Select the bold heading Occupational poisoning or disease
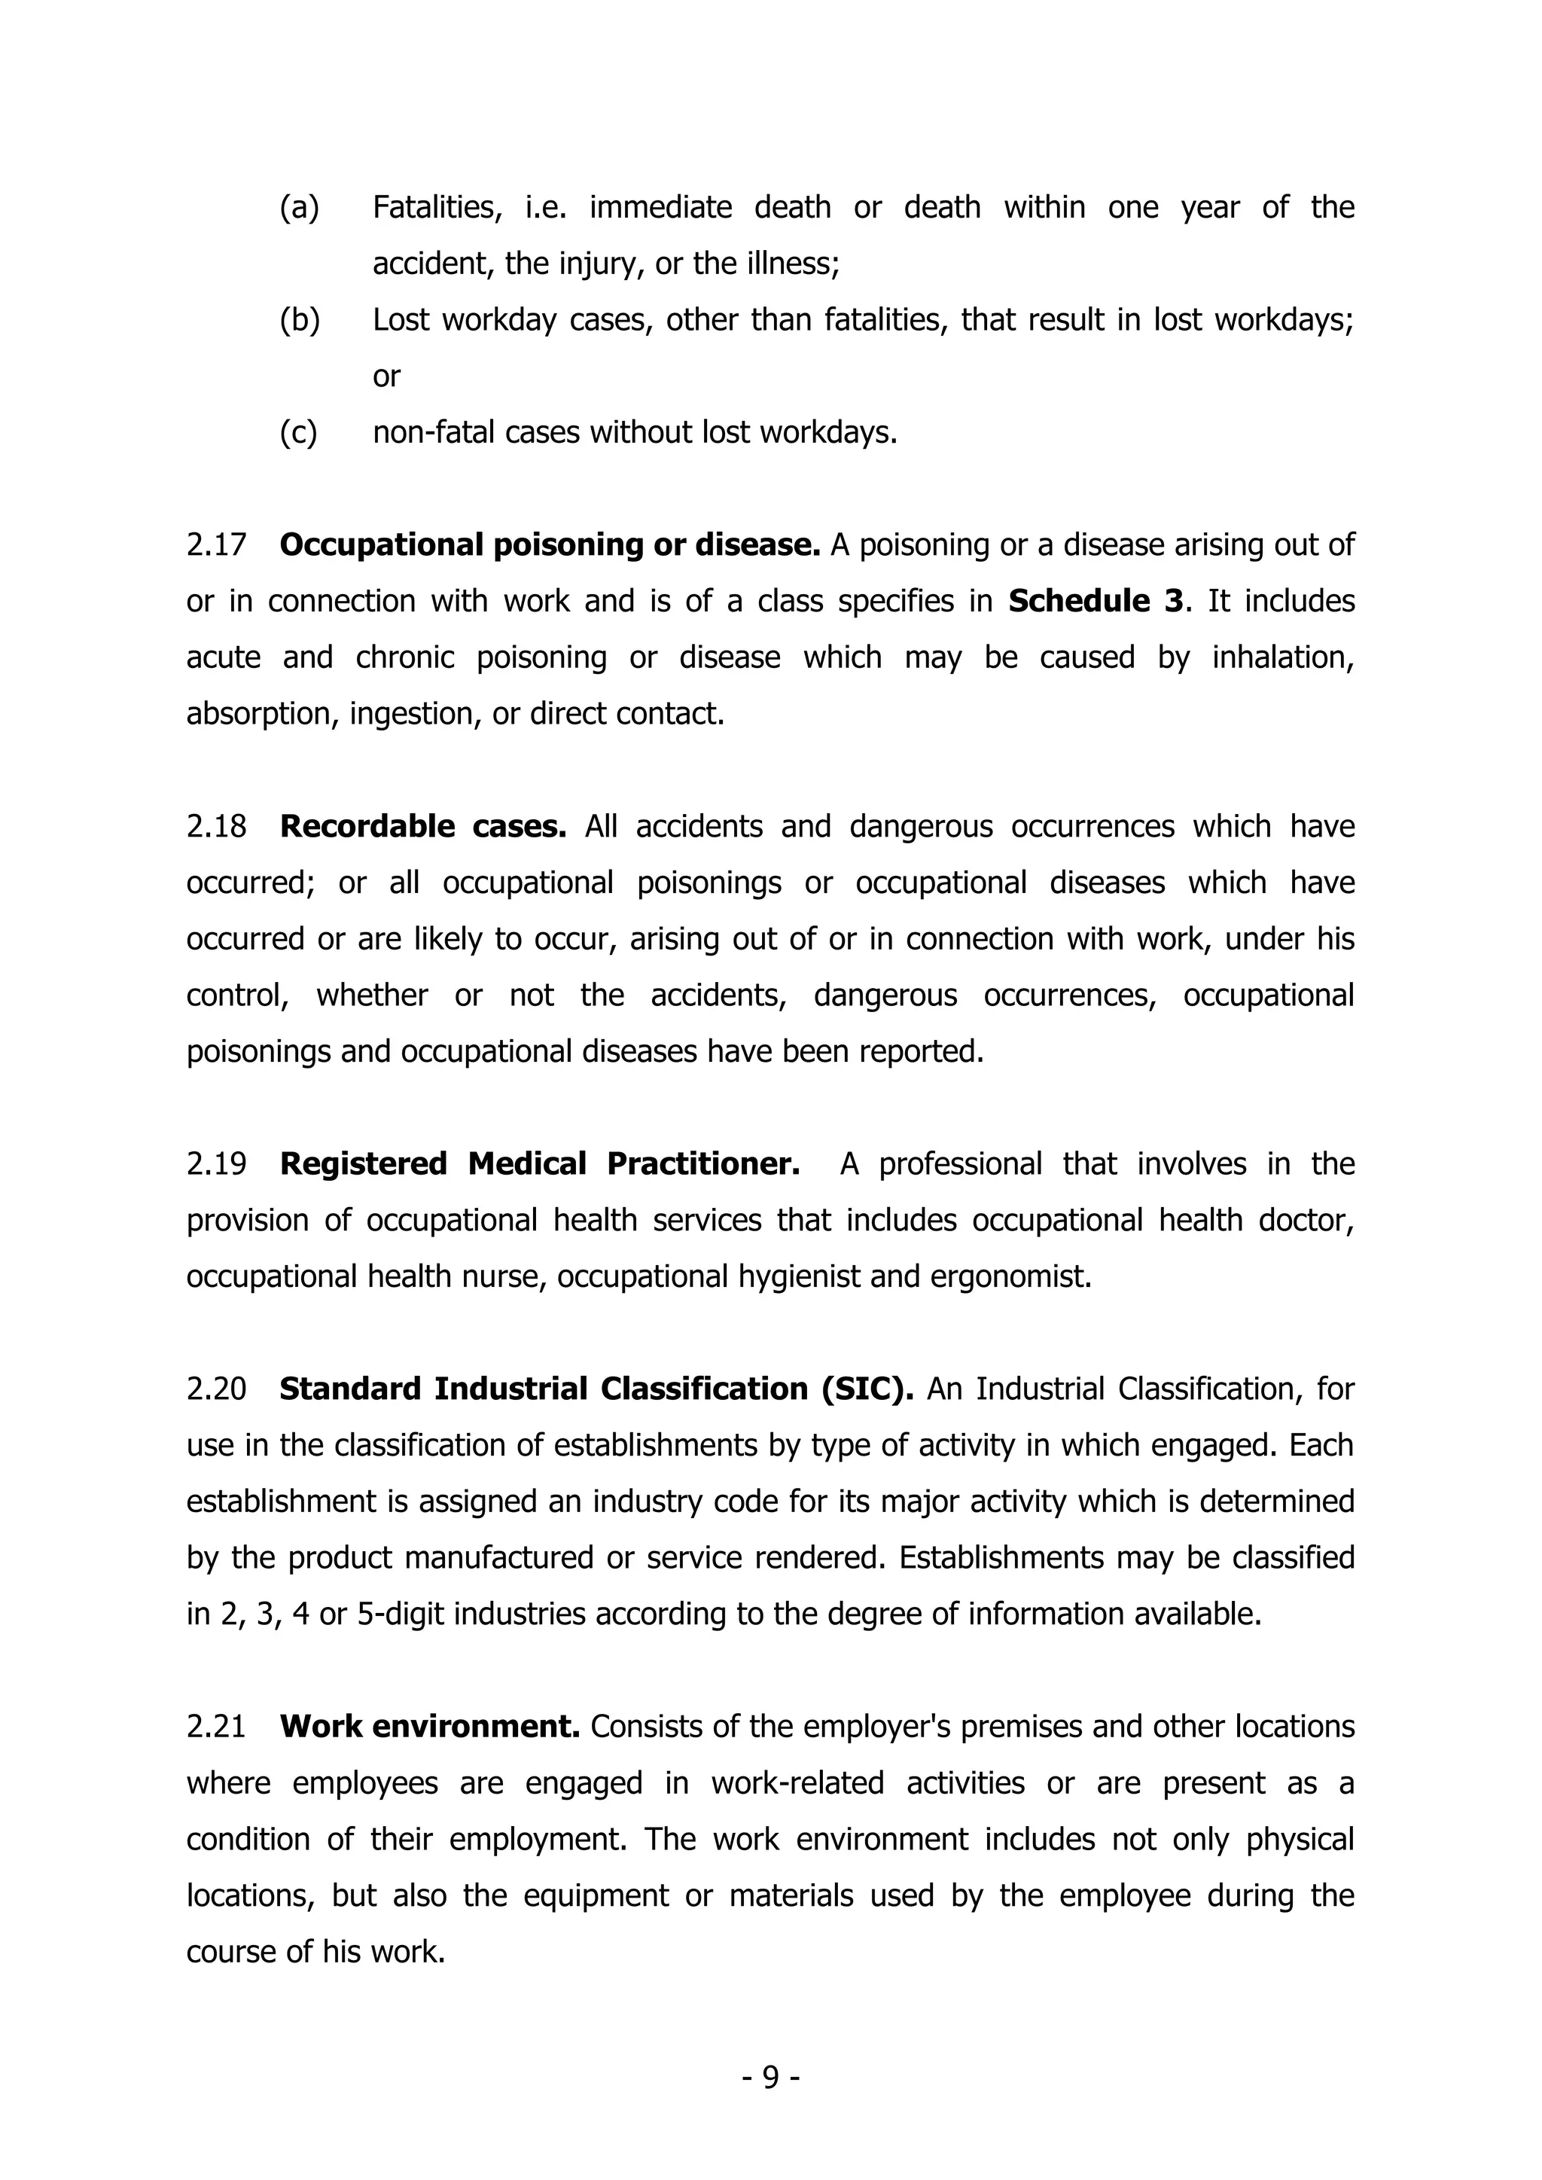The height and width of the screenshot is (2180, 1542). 550,546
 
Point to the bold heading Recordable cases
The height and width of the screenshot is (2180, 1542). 422,827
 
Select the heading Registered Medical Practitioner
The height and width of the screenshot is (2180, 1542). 539,1164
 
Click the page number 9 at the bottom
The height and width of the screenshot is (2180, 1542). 771,2078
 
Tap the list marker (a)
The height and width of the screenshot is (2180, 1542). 299,208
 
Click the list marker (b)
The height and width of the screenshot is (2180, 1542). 299,321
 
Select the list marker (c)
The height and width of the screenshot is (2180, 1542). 298,433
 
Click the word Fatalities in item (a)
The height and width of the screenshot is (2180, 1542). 437,208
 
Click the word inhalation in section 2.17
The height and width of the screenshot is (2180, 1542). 1281,658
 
